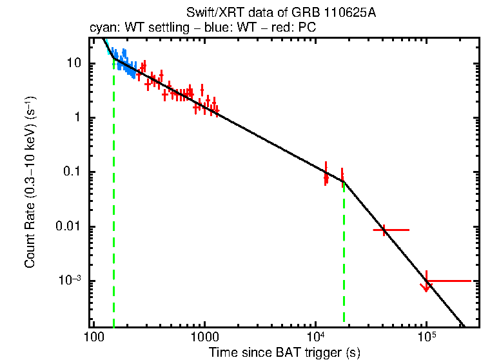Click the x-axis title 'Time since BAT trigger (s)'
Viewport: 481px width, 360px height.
(x=284, y=352)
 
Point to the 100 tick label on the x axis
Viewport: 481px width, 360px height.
(x=94, y=337)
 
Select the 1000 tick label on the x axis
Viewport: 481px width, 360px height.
(x=204, y=337)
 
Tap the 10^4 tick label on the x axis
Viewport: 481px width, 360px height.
(x=315, y=336)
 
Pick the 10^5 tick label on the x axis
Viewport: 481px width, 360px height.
(x=426, y=336)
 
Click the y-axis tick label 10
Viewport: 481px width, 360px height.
(x=73, y=63)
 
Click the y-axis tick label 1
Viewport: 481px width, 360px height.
(x=77, y=117)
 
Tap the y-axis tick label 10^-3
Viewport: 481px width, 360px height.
(x=70, y=281)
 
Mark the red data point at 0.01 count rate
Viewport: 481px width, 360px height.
(x=384, y=230)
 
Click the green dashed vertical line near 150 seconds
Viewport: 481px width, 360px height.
(x=113, y=194)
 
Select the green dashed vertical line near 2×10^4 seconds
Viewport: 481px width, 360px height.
(x=344, y=258)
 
